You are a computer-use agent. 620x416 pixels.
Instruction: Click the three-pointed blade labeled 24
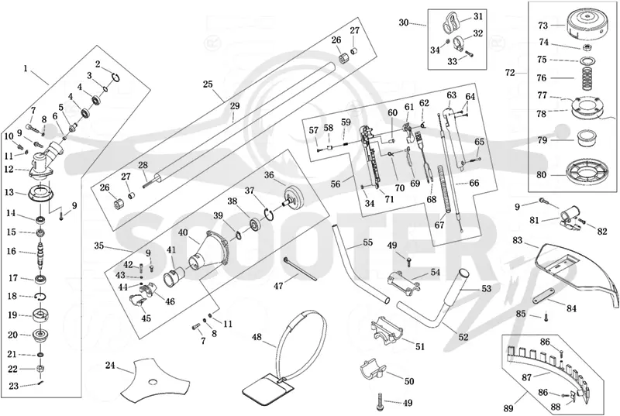[x=154, y=380]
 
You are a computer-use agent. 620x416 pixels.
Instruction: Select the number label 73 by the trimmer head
[x=543, y=26]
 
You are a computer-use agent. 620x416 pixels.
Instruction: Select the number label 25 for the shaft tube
[x=208, y=84]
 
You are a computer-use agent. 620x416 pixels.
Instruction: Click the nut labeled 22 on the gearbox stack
[x=40, y=369]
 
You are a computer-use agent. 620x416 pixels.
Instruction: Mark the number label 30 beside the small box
[x=403, y=23]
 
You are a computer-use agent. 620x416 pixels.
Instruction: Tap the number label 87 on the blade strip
[x=527, y=378]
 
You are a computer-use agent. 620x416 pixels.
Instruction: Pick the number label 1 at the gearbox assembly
[x=26, y=69]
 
